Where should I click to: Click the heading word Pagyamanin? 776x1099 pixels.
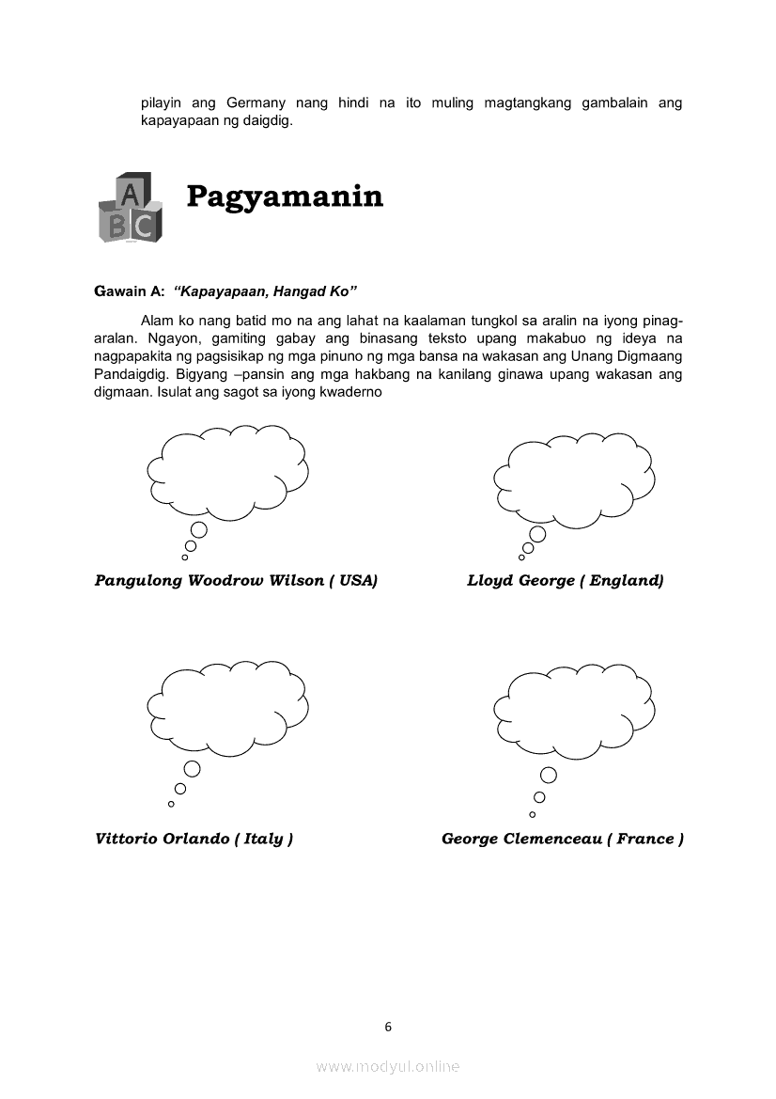tap(285, 196)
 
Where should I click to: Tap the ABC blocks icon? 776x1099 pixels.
tap(130, 208)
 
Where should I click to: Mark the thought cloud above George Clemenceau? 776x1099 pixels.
tap(573, 710)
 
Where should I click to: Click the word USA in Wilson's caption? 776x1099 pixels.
tap(356, 581)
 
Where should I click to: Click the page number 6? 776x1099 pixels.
tap(388, 1027)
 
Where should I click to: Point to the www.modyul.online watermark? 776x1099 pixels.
tap(388, 1066)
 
